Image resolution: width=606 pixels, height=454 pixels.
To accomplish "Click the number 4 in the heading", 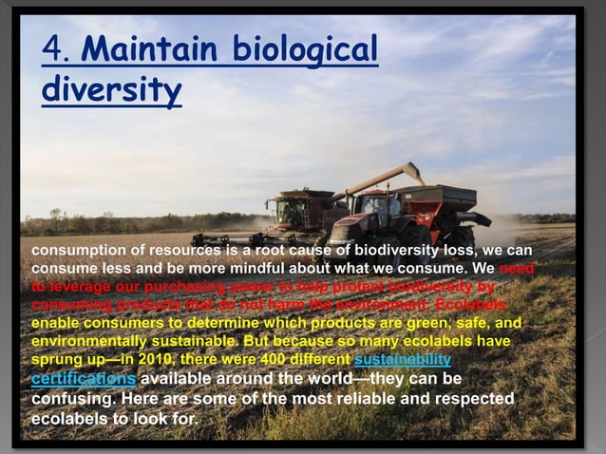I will pyautogui.click(x=54, y=49).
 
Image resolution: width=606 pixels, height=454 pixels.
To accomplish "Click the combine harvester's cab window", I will pyautogui.click(x=293, y=206).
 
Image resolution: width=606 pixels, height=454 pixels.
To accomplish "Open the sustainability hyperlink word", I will pyautogui.click(x=402, y=360).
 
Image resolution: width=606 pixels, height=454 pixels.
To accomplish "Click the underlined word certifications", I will pyautogui.click(x=83, y=378).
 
